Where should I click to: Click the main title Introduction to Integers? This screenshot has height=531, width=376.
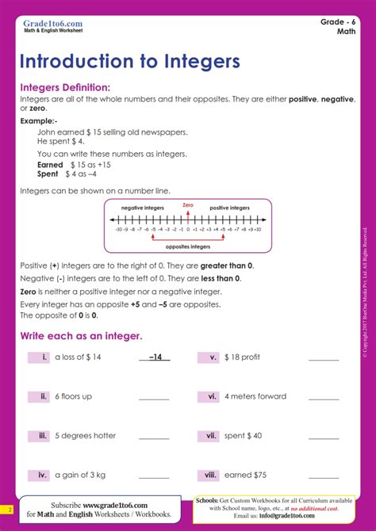[x=130, y=62]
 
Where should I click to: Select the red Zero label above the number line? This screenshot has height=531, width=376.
[x=188, y=205]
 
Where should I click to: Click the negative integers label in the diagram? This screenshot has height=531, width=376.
[x=143, y=208]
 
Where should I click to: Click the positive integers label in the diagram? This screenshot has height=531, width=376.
[x=229, y=208]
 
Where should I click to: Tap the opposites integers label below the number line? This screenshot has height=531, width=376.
[x=188, y=246]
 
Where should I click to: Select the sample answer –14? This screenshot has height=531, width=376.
[x=155, y=357]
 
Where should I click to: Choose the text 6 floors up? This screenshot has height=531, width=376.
[x=74, y=396]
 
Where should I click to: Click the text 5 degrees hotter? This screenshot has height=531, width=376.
[x=85, y=435]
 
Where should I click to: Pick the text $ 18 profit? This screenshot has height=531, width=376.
[x=243, y=357]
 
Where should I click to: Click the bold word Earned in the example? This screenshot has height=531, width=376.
[x=50, y=165]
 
